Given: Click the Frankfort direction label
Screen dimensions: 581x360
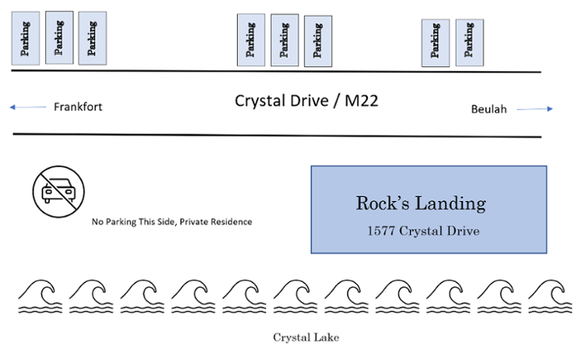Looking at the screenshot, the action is coord(77,107).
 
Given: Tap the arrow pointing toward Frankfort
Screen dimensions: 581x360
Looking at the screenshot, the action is coord(27,107).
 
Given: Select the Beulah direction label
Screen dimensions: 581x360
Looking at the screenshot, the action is coord(489,109).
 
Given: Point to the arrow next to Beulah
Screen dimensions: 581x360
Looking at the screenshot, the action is coord(535,109).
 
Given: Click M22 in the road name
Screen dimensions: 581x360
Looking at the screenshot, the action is coord(362,101).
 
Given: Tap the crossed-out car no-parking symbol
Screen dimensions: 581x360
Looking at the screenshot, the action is coord(59,191).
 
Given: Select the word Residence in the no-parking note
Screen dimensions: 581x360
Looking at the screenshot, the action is coord(232,222).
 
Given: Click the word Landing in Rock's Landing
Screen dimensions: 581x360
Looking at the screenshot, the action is coord(449,204).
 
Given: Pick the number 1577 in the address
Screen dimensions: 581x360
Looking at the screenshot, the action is coord(381,231).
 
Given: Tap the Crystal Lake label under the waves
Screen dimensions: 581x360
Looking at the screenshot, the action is coord(306,337).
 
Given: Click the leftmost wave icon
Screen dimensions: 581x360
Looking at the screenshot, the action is coord(40,296).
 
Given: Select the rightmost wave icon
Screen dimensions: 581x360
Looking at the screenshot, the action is coord(550,296).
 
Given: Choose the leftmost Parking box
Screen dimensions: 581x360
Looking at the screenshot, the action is coord(26,38).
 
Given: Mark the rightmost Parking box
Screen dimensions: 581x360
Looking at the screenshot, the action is coord(470,43).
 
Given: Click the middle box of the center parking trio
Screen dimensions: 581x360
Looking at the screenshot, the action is coord(285,40).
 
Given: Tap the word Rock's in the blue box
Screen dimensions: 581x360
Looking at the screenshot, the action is coord(382,203).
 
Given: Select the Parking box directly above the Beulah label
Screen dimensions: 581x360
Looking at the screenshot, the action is coord(470,43).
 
